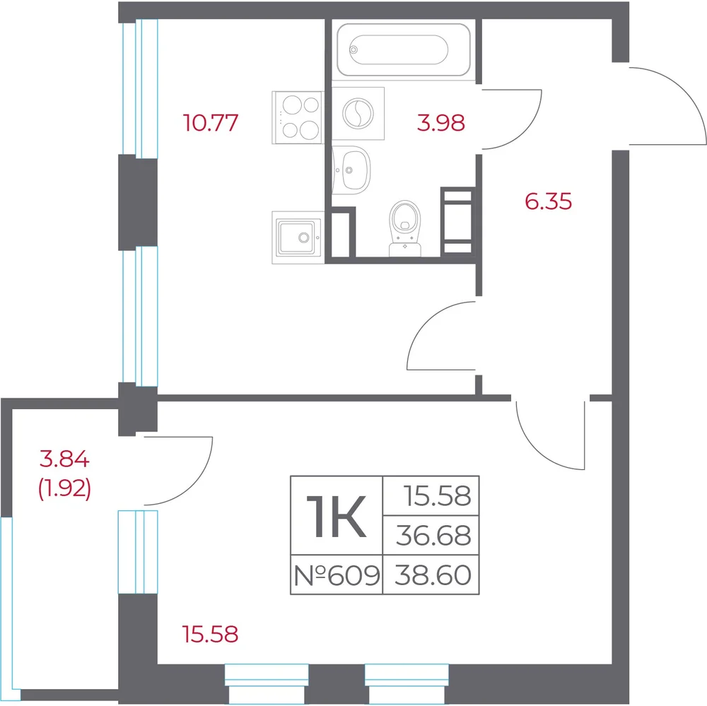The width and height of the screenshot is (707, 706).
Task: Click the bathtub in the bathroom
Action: (404, 49)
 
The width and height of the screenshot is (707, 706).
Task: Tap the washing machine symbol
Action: (358, 113)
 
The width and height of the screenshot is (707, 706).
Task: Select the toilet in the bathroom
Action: (405, 228)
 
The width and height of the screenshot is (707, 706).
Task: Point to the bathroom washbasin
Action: (351, 170)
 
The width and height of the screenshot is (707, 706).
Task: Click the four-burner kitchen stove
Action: (298, 117)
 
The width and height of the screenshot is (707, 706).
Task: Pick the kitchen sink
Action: (298, 237)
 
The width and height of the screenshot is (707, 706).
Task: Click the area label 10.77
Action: (211, 123)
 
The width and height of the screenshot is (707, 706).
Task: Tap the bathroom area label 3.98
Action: (440, 123)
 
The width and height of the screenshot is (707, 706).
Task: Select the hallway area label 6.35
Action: (549, 201)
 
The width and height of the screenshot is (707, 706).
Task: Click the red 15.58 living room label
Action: (211, 634)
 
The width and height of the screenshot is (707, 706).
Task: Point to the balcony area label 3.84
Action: (64, 459)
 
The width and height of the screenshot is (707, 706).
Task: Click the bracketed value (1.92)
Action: (64, 488)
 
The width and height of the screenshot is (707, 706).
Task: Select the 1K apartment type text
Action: (336, 516)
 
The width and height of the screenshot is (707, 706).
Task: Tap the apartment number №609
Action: (337, 575)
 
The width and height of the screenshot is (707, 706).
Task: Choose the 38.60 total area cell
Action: (433, 575)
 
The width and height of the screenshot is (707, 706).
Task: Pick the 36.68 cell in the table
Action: (433, 536)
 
